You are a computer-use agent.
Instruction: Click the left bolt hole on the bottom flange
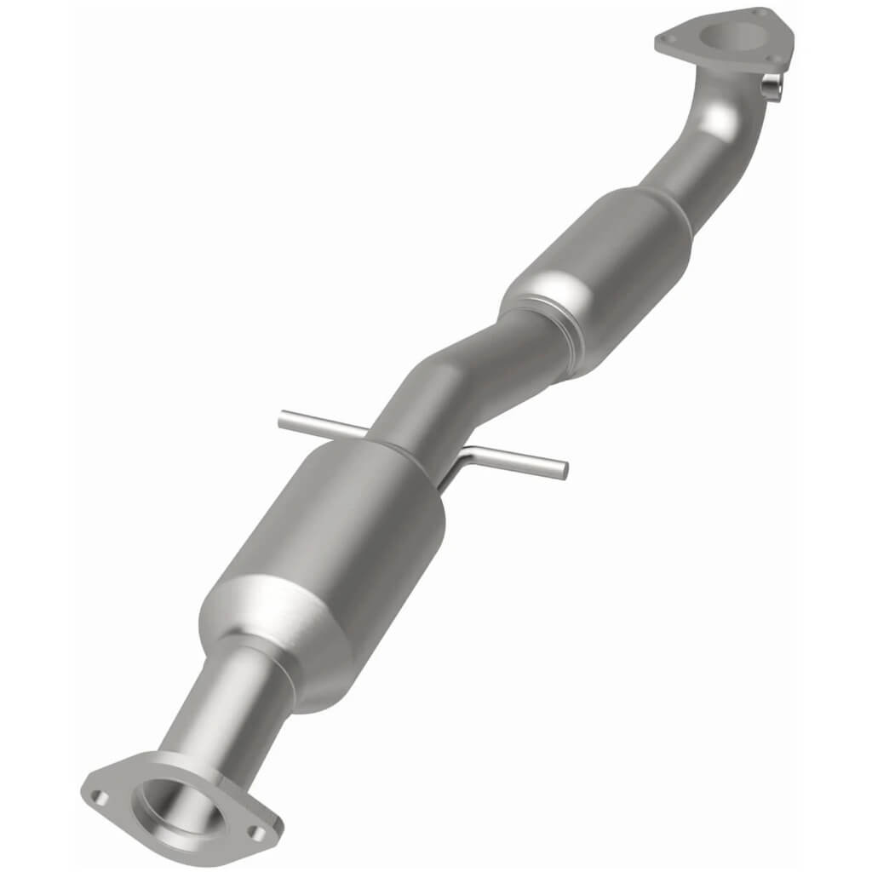100,798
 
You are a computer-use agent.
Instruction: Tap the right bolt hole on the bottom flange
255,834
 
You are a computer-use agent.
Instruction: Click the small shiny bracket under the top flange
772,88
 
